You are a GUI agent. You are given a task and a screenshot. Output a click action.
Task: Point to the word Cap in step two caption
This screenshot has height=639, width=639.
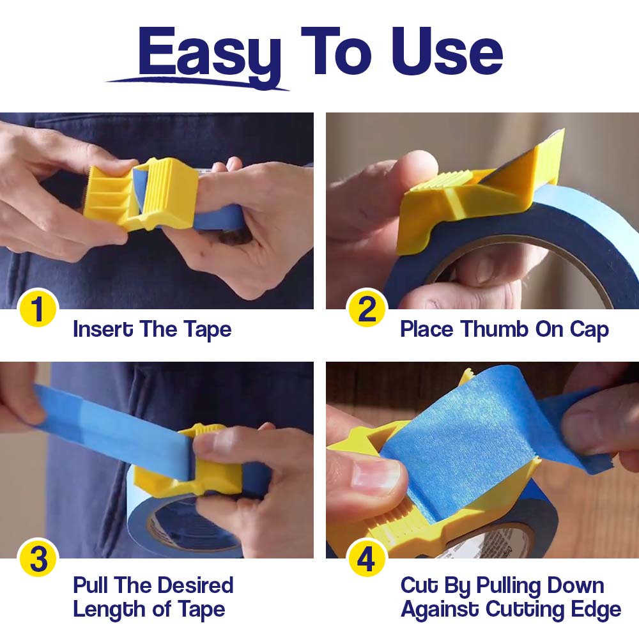point(589,330)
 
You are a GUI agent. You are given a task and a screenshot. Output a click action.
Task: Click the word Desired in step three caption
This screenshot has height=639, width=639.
point(195,585)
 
